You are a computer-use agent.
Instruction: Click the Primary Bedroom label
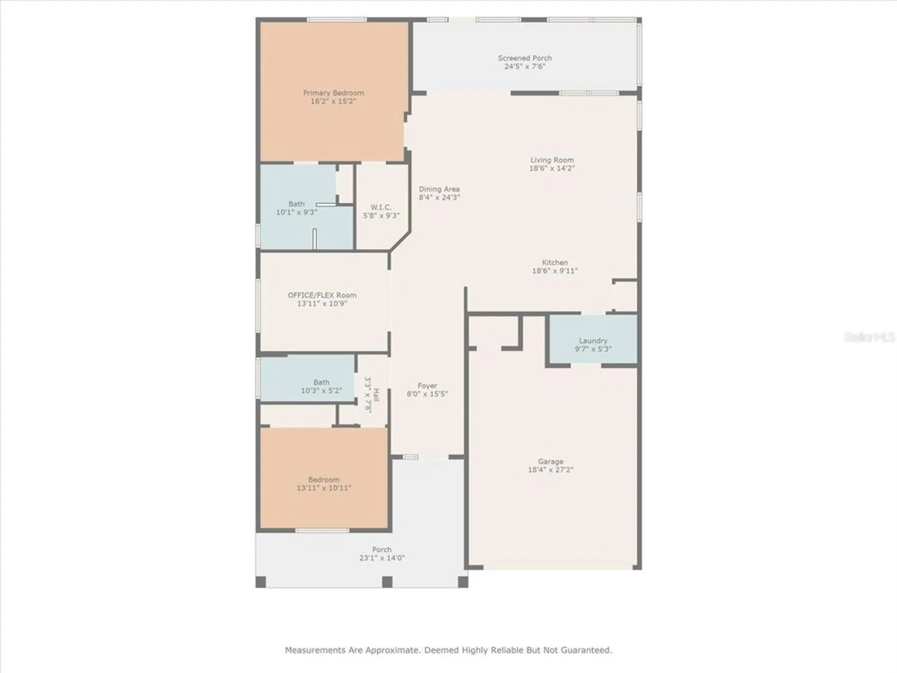333,93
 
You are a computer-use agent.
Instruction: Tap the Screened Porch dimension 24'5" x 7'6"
525,66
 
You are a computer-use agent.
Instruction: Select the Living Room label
552,160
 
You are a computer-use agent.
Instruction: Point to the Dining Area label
439,189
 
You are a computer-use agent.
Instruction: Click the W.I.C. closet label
381,207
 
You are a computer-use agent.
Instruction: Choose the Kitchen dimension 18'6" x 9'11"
555,271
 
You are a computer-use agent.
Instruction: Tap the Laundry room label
593,341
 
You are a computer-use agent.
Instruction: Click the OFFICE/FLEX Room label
322,295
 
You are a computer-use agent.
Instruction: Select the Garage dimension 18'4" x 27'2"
550,470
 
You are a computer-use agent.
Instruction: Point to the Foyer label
427,385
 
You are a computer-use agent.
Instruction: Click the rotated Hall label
376,395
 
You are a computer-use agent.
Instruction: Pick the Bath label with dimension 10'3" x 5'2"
321,382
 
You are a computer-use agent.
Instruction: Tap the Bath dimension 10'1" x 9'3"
296,212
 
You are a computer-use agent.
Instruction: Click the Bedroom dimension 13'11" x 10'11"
323,488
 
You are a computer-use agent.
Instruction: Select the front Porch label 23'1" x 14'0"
382,550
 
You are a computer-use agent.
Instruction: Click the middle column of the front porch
387,582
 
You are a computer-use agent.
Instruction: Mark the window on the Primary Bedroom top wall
336,20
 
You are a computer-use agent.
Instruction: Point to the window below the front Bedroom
322,531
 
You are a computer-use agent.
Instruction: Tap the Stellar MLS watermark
869,337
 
